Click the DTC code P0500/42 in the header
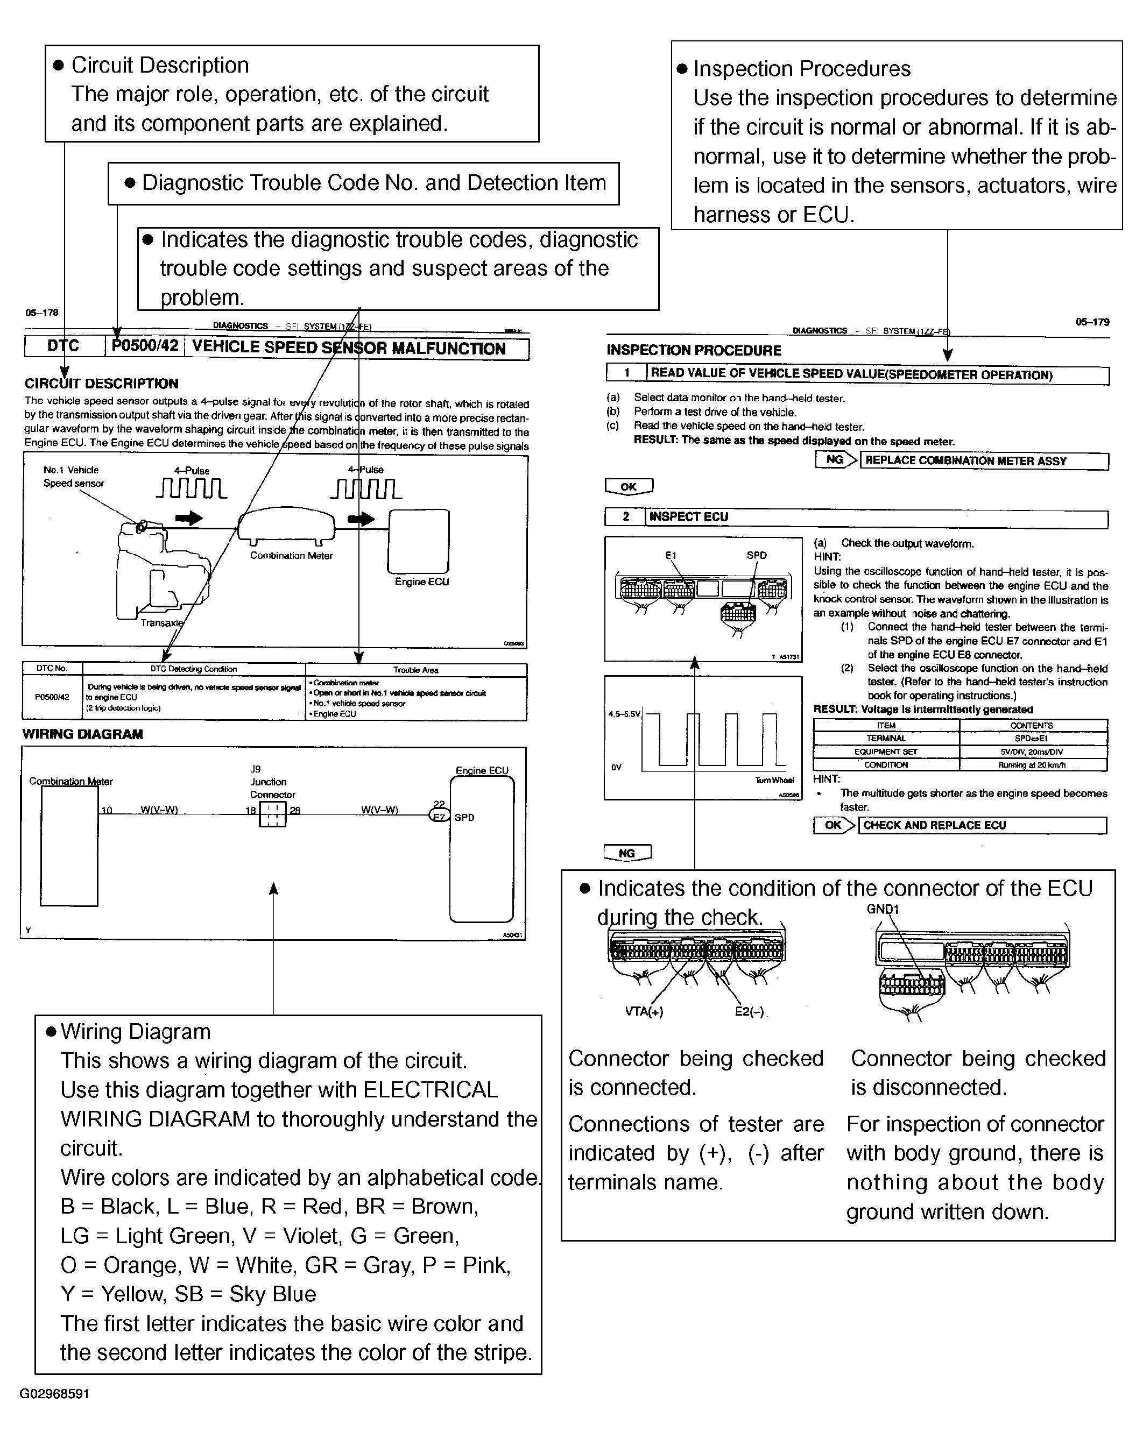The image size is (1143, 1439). (x=145, y=346)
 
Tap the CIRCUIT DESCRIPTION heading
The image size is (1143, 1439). (x=102, y=384)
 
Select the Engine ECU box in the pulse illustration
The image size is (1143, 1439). (x=419, y=541)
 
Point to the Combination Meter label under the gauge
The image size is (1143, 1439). (x=291, y=555)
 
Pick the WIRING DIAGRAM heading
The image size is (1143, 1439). (x=82, y=734)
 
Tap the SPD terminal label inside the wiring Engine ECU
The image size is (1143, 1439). (x=464, y=818)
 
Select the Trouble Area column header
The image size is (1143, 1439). (x=415, y=669)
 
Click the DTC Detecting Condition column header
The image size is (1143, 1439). (x=194, y=669)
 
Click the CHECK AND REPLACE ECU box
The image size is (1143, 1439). (x=982, y=825)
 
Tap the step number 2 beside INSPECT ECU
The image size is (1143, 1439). (x=625, y=516)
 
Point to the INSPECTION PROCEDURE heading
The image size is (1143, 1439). (x=694, y=350)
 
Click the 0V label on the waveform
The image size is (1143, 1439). (x=616, y=768)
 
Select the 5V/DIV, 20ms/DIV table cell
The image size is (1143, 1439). (x=1032, y=752)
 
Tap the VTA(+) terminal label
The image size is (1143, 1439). (x=644, y=1011)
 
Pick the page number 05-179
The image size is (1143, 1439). (x=1092, y=322)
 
